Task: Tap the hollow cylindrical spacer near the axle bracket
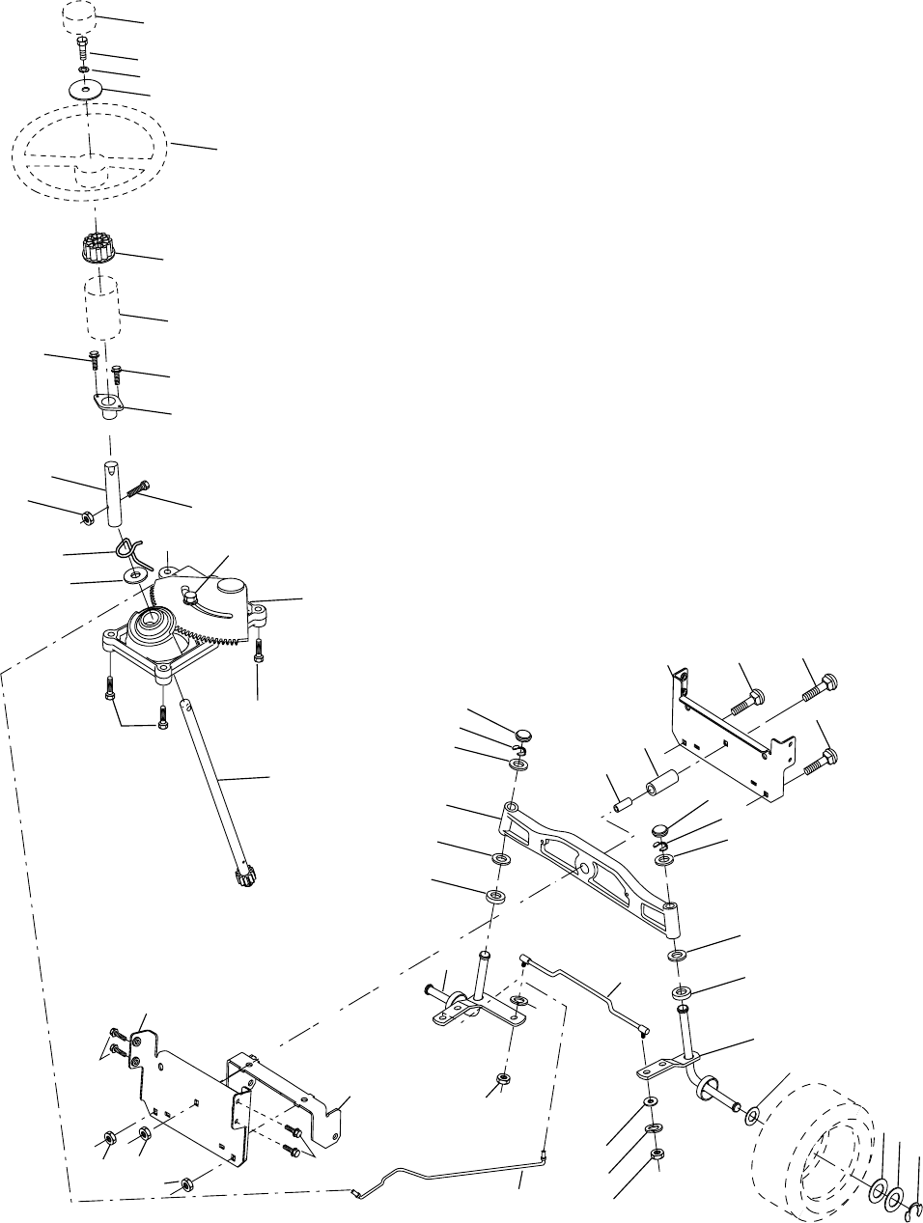(662, 778)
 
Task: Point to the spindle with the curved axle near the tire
(696, 1062)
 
